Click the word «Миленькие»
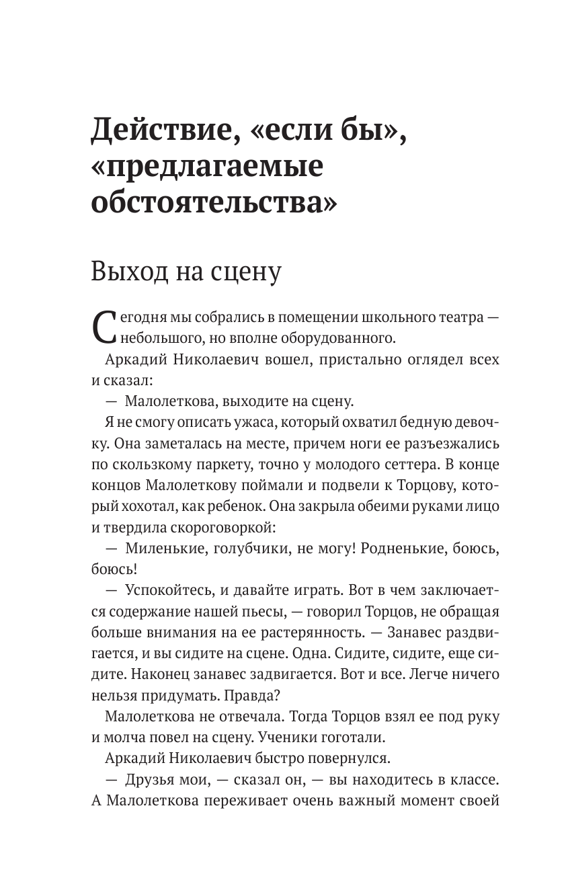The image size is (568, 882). pyautogui.click(x=164, y=548)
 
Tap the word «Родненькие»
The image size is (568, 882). pyautogui.click(x=403, y=548)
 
